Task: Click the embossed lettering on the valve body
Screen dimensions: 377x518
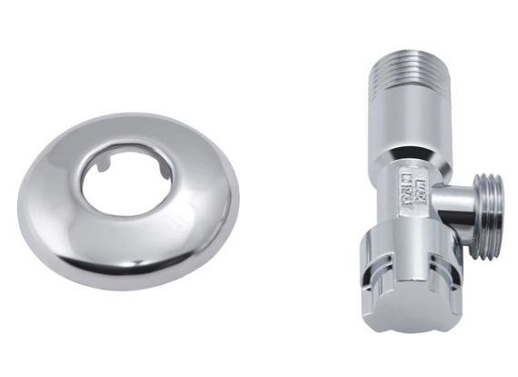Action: (x=412, y=192)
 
